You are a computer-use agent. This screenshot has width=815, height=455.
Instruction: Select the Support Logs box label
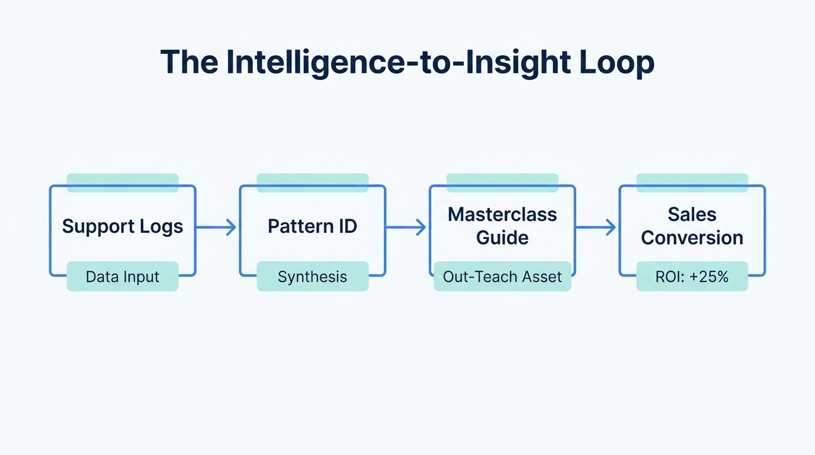(x=123, y=226)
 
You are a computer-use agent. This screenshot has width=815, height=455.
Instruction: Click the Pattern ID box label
(x=312, y=226)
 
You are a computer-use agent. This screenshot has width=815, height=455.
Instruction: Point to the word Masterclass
(x=502, y=214)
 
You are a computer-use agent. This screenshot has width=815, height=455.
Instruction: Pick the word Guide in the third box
(x=502, y=238)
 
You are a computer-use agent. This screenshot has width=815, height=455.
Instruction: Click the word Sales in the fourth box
(x=692, y=214)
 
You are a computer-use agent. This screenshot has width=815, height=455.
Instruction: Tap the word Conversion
(x=692, y=238)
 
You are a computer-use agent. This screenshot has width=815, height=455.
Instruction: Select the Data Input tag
(x=123, y=277)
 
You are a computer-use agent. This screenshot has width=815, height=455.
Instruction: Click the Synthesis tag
(x=312, y=277)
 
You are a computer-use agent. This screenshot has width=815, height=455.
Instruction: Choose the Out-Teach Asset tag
(x=502, y=277)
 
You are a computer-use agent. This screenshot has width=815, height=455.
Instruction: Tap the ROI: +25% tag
(x=692, y=277)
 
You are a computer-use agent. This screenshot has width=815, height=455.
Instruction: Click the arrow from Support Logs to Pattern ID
(x=217, y=227)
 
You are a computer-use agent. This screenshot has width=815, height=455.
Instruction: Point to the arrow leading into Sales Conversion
(x=596, y=227)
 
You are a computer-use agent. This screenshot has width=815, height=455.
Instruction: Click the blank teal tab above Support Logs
(x=123, y=182)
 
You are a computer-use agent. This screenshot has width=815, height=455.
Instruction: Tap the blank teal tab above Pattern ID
(x=312, y=182)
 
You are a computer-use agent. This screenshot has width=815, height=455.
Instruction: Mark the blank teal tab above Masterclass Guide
(x=502, y=182)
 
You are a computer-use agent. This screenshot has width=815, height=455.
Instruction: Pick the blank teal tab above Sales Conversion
(x=692, y=182)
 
